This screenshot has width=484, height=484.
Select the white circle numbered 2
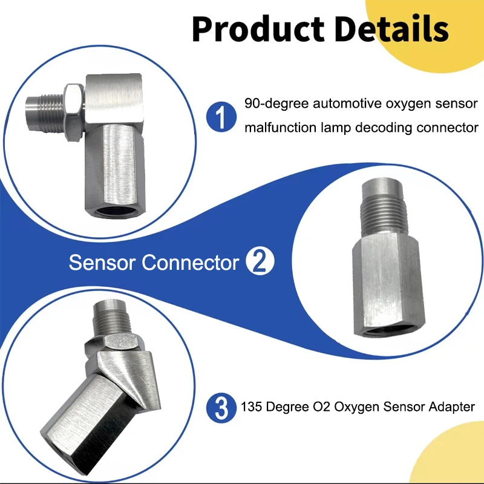coord(261,263)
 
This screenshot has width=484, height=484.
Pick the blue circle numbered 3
coord(221,407)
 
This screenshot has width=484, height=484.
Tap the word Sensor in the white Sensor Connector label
coord(102,263)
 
